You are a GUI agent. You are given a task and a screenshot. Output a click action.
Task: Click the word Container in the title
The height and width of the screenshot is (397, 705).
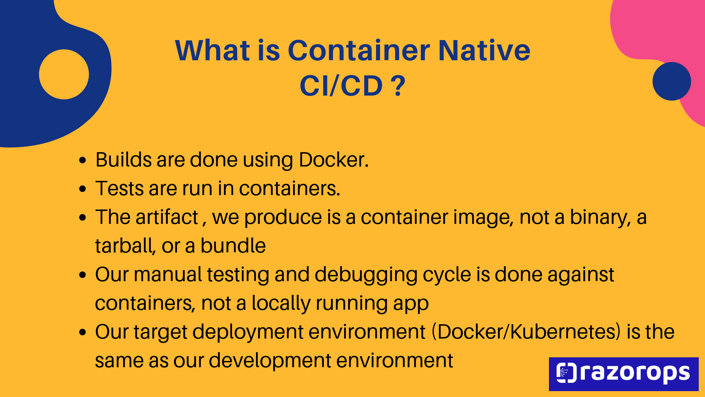pos(359,50)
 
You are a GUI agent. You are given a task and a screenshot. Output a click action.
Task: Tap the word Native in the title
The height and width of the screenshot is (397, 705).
pos(484,50)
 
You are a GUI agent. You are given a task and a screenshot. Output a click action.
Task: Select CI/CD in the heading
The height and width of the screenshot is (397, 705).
pos(341,86)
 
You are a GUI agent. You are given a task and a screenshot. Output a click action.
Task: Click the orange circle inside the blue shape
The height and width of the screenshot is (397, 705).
pos(64,74)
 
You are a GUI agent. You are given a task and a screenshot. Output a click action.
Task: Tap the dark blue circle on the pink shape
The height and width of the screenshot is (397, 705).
pos(672,81)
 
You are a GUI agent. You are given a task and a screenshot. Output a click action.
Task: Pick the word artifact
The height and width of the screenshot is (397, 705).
pos(167,217)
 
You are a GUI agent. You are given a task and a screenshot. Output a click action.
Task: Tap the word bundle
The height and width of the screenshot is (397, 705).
pos(233,246)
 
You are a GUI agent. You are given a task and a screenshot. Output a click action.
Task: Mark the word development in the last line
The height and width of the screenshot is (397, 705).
pos(270,360)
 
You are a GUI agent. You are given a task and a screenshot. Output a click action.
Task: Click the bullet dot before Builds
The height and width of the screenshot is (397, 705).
pos(83,160)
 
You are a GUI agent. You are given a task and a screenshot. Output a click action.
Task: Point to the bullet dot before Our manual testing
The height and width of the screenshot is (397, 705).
pos(83,275)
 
